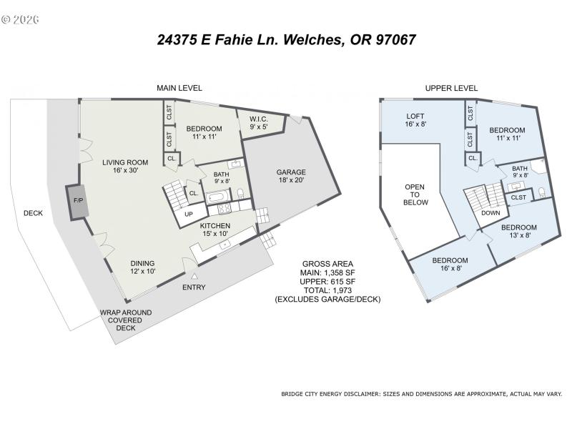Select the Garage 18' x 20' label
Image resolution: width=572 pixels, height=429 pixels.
click(x=291, y=177)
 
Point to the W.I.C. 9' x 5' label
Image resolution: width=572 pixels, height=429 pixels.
click(x=258, y=123)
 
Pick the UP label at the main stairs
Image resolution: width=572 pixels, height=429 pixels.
click(x=189, y=214)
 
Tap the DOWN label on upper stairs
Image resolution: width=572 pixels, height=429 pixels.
click(x=490, y=213)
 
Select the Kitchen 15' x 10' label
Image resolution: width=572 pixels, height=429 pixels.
click(x=214, y=230)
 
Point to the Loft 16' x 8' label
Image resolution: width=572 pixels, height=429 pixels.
click(x=415, y=120)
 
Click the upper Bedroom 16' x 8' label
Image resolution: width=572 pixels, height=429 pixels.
click(x=450, y=265)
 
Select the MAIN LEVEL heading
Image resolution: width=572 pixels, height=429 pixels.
click(x=179, y=88)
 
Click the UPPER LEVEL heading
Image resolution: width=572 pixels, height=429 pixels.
click(x=451, y=88)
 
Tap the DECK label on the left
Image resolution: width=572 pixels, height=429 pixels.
click(x=33, y=212)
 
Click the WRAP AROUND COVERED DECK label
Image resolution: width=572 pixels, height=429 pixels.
click(x=125, y=320)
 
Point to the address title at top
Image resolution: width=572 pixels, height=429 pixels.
click(x=286, y=40)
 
